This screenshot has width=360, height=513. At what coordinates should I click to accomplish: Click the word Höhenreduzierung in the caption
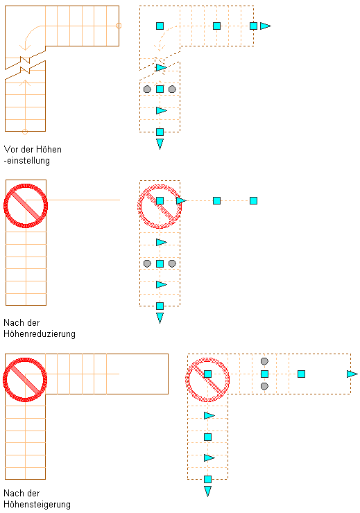pyautogui.click(x=40, y=334)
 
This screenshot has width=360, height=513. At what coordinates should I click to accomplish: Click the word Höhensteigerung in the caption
pyautogui.click(x=37, y=505)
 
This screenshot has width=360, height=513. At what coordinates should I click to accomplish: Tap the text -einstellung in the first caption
pyautogui.click(x=27, y=161)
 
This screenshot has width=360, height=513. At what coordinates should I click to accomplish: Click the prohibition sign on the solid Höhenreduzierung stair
pyautogui.click(x=26, y=206)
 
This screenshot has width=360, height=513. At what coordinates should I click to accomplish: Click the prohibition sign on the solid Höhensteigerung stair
pyautogui.click(x=25, y=379)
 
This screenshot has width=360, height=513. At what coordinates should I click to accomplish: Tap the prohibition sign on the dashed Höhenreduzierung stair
pyautogui.click(x=160, y=207)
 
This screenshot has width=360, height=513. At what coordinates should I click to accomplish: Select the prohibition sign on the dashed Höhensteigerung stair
pyautogui.click(x=207, y=379)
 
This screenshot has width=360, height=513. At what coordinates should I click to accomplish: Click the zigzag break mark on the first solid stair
pyautogui.click(x=25, y=65)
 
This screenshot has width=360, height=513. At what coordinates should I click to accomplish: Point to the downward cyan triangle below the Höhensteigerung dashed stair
pyautogui.click(x=208, y=491)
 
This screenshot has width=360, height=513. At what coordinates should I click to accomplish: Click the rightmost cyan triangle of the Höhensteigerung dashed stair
pyautogui.click(x=352, y=374)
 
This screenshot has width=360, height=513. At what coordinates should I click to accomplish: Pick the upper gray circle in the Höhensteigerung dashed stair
pyautogui.click(x=264, y=361)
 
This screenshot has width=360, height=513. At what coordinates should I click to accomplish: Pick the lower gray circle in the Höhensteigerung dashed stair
pyautogui.click(x=264, y=386)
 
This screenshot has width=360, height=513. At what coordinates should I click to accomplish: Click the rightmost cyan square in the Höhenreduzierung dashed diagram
pyautogui.click(x=254, y=200)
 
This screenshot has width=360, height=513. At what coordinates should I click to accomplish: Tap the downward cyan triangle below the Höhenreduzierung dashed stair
pyautogui.click(x=160, y=318)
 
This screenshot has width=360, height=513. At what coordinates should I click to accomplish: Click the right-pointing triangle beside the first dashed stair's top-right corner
pyautogui.click(x=266, y=26)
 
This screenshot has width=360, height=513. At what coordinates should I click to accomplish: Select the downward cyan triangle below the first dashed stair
pyautogui.click(x=160, y=144)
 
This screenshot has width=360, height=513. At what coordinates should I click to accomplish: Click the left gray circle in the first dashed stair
pyautogui.click(x=147, y=89)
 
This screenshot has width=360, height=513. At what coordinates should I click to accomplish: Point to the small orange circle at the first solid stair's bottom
pyautogui.click(x=25, y=132)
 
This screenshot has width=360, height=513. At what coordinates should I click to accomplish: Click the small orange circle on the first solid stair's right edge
pyautogui.click(x=119, y=26)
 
